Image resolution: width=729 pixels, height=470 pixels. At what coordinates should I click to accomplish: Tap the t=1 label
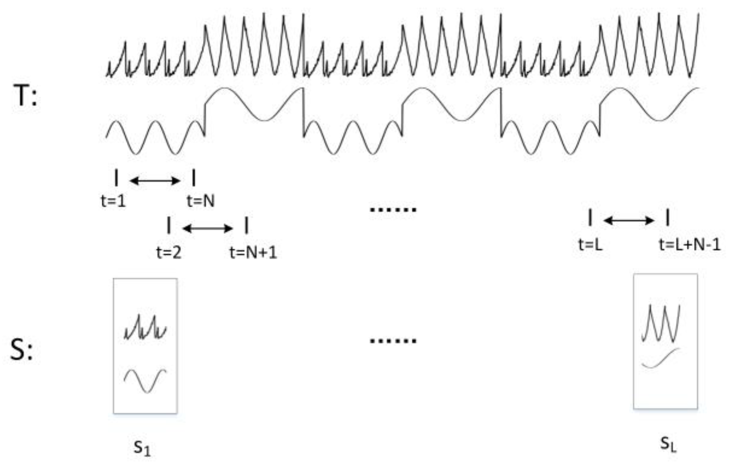point(113,201)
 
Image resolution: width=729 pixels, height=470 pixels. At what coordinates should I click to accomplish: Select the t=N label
point(201,201)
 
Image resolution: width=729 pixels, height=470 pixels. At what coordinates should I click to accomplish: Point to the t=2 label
point(169,253)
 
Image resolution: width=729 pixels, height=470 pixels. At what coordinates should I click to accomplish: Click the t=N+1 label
point(253,253)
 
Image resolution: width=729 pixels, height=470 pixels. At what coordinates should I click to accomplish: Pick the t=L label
point(590,244)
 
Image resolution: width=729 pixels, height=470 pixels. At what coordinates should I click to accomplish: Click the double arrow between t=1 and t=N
point(155,181)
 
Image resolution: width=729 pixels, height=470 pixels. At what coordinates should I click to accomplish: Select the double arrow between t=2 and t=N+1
point(207,229)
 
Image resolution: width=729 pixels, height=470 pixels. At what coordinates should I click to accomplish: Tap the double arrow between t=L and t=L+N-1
point(629,220)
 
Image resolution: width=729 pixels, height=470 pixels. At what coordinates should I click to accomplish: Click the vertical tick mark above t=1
point(117,178)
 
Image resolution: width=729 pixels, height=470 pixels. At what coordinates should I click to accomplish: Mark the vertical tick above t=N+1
point(246,225)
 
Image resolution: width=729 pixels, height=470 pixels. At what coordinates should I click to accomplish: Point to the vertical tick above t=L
point(590,217)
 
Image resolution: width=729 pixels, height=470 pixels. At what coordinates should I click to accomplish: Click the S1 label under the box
point(142,448)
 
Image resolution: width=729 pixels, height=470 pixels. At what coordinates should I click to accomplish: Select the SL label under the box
point(668,444)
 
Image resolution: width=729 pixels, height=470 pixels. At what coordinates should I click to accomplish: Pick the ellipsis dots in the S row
point(393,341)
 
